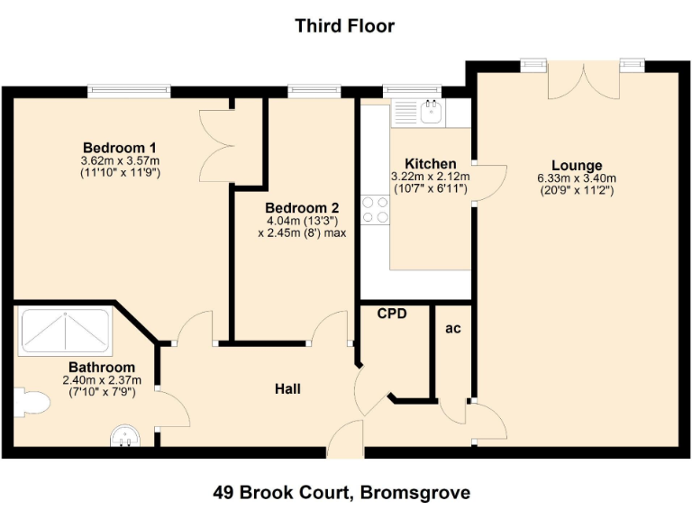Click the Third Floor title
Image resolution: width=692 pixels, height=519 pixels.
pyautogui.click(x=345, y=25)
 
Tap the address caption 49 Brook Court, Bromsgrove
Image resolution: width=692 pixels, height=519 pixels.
pyautogui.click(x=341, y=492)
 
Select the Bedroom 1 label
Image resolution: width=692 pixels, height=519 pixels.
pyautogui.click(x=120, y=148)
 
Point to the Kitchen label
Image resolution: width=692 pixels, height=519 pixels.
pyautogui.click(x=423, y=164)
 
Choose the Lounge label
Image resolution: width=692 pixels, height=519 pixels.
pyautogui.click(x=577, y=166)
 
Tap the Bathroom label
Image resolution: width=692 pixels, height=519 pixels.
pyautogui.click(x=102, y=368)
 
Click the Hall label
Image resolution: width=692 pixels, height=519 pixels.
pyautogui.click(x=287, y=389)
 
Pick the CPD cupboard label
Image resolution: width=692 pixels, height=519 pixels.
pyautogui.click(x=392, y=314)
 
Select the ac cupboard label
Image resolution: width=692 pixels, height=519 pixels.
pyautogui.click(x=453, y=329)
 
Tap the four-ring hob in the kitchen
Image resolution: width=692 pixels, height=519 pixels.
pyautogui.click(x=375, y=209)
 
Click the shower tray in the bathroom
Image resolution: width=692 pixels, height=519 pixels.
pyautogui.click(x=65, y=332)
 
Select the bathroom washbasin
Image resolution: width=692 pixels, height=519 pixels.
pyautogui.click(x=126, y=437)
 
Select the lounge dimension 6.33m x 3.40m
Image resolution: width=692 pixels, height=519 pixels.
pyautogui.click(x=577, y=178)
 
